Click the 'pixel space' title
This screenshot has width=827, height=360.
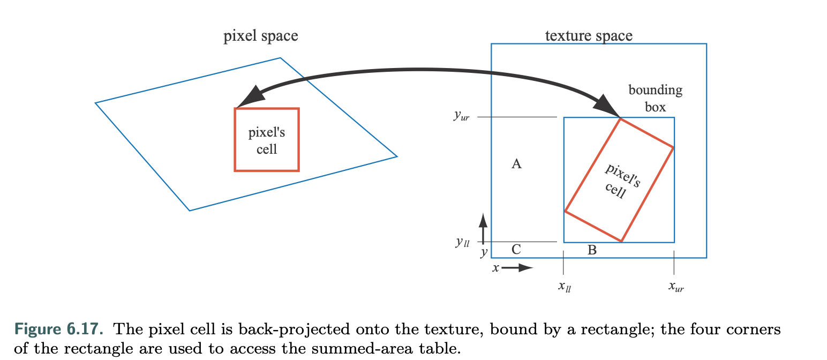(x=260, y=36)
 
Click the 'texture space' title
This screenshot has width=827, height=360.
(x=588, y=36)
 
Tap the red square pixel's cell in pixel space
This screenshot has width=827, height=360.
(x=267, y=140)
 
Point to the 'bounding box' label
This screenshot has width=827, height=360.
(x=655, y=98)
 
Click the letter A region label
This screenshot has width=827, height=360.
(x=516, y=164)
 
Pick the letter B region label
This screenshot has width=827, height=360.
(x=592, y=250)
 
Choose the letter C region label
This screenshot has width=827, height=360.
(x=516, y=249)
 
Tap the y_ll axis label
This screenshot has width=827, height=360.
(x=462, y=242)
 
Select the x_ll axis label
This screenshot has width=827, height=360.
(x=565, y=287)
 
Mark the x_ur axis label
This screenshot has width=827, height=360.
(x=676, y=287)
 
